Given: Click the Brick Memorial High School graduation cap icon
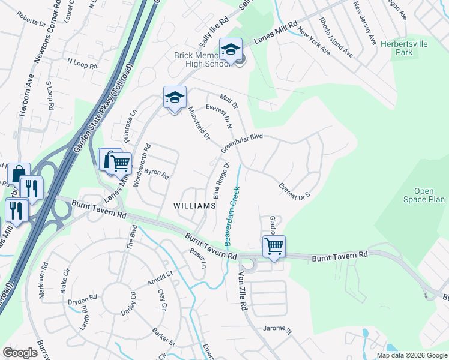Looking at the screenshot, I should point(230,50).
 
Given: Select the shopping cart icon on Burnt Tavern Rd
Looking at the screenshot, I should point(274,245).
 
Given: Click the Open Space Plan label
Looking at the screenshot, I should point(424,196).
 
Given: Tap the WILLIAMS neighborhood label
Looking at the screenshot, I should point(194,206).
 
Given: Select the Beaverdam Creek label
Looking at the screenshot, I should point(233,214).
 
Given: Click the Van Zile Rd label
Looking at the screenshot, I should point(243,289).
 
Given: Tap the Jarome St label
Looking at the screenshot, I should point(277,329).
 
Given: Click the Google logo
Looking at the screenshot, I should point(20,353).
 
